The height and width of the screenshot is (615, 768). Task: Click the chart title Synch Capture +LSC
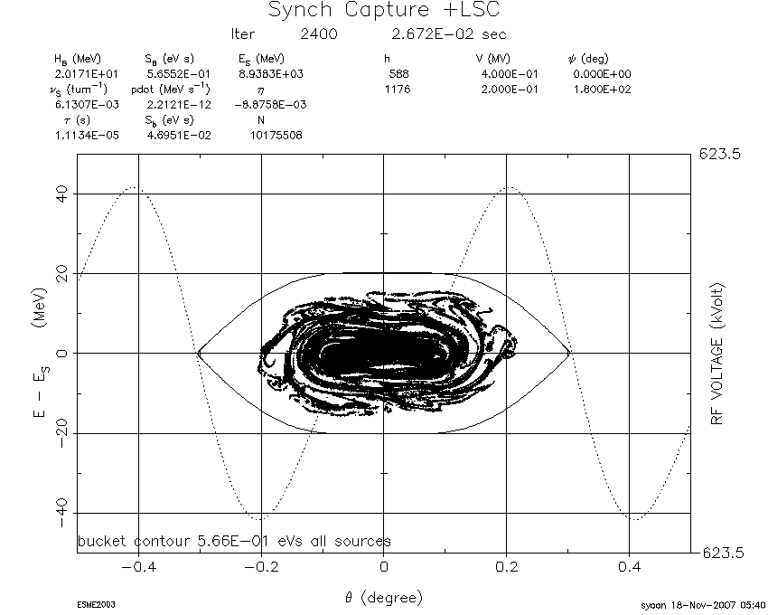click(384, 10)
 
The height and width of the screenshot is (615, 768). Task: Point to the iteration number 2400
click(319, 33)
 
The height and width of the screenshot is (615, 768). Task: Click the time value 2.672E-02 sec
click(449, 33)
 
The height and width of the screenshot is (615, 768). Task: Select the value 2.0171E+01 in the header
click(87, 74)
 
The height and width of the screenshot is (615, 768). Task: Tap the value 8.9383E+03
click(271, 74)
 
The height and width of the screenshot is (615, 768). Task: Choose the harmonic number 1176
click(398, 90)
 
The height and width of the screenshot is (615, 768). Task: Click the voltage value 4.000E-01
click(510, 74)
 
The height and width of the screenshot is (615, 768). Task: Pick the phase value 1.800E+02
click(602, 90)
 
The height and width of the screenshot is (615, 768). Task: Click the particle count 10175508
click(276, 135)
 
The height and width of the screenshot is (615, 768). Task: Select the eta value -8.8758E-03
click(270, 105)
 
